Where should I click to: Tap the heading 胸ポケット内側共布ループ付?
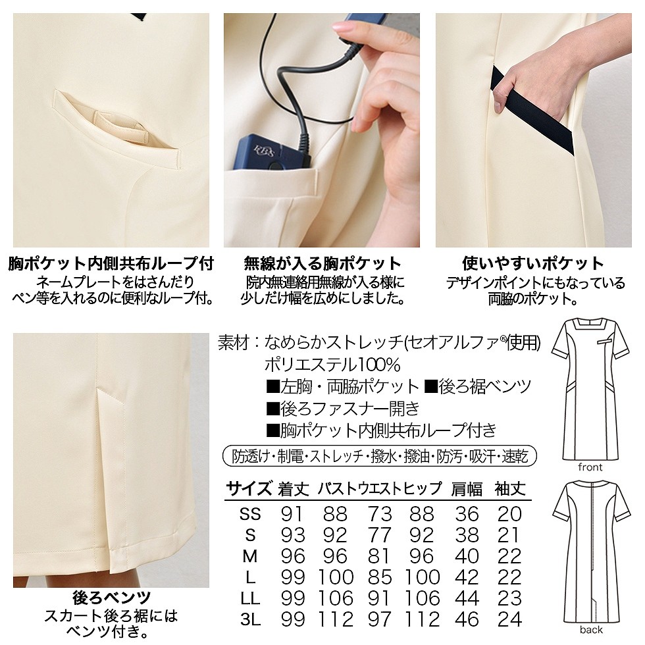111,265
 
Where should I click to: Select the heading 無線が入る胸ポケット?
322,265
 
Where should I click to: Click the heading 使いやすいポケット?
533,265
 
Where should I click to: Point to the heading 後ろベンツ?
111,598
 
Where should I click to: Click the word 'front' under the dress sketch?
589,467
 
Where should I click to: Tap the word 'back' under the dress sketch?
590,630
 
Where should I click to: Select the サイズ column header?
249,489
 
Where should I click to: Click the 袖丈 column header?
510,489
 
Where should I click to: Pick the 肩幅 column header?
467,489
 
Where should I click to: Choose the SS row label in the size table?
250,514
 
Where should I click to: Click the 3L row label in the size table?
250,619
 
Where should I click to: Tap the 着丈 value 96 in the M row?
293,556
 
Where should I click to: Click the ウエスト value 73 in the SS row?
380,514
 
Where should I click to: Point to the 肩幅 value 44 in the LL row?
467,598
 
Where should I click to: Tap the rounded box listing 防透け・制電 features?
380,455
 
